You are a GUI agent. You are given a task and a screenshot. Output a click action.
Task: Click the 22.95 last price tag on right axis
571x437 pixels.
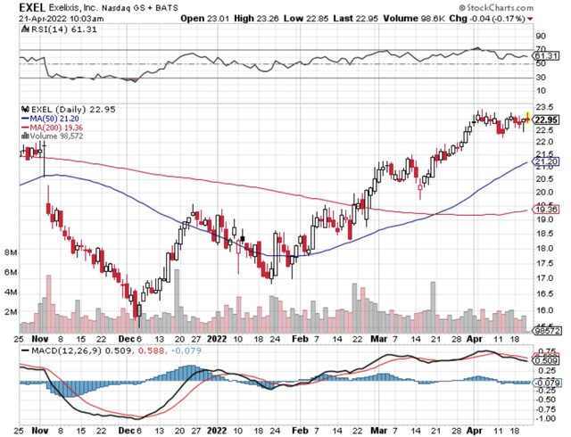point(545,119)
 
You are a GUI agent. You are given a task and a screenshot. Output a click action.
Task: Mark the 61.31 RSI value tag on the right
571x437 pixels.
point(545,55)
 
